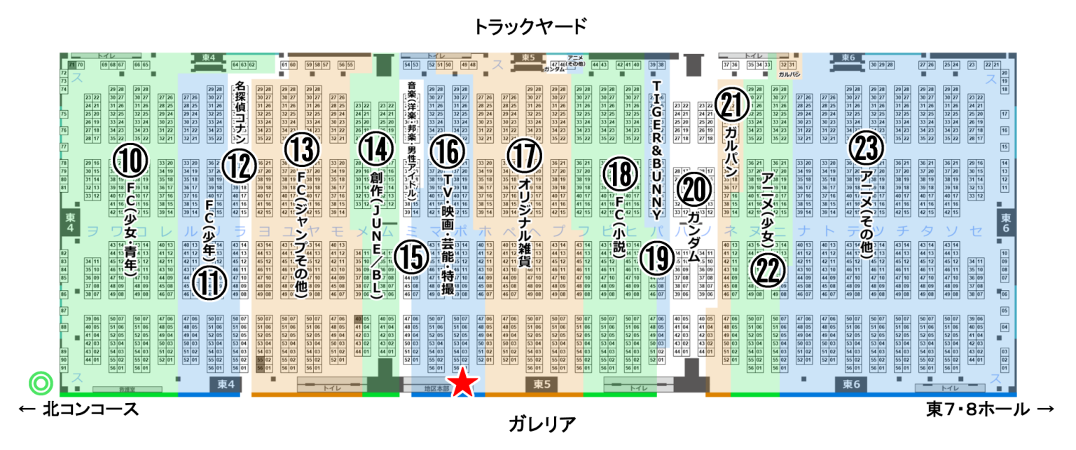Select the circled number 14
coord(375,148)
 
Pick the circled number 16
coord(448,151)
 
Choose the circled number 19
coord(656,258)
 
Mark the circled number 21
coord(732,105)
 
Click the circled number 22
coord(768,270)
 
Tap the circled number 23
coord(866,148)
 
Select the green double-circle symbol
coord(40,383)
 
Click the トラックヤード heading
coord(529,27)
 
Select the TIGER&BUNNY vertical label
coord(657,149)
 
